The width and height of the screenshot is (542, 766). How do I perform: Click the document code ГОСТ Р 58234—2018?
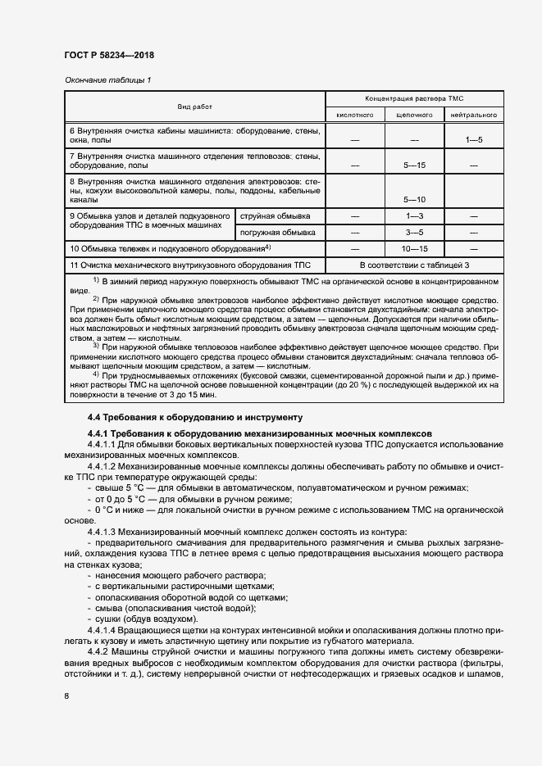pyautogui.click(x=108, y=55)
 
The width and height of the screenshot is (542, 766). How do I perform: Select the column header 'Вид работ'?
pyautogui.click(x=194, y=107)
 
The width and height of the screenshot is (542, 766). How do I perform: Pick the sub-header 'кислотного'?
pyautogui.click(x=355, y=116)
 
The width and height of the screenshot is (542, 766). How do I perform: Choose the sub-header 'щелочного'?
pyautogui.click(x=414, y=116)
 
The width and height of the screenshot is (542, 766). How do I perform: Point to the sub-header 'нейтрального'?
pyautogui.click(x=474, y=116)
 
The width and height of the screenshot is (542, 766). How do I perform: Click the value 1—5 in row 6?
pyautogui.click(x=474, y=141)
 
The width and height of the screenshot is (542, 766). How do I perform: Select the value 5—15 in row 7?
pyautogui.click(x=414, y=166)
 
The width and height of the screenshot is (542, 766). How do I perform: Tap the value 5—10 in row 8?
pyautogui.click(x=414, y=199)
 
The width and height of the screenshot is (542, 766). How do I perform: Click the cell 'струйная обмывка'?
pyautogui.click(x=275, y=216)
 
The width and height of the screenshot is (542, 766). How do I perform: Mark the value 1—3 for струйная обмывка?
pyautogui.click(x=414, y=216)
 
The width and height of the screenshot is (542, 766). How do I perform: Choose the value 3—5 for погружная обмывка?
pyautogui.click(x=414, y=233)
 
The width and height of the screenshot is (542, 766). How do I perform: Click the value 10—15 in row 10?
pyautogui.click(x=414, y=248)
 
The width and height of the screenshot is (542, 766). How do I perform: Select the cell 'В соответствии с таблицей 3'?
pyautogui.click(x=414, y=265)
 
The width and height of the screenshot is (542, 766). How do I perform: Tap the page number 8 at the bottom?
pyautogui.click(x=66, y=696)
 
